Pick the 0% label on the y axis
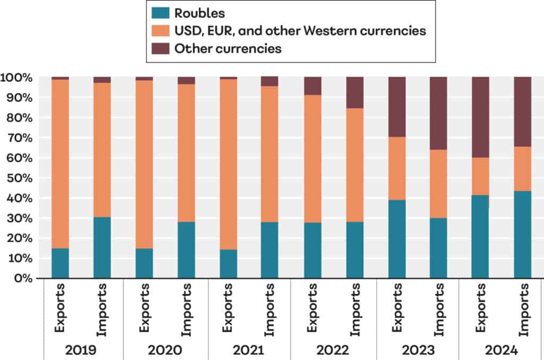[24, 278]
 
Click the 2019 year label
[81, 350]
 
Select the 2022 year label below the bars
[333, 350]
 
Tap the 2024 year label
[501, 350]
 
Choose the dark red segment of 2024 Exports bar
[481, 117]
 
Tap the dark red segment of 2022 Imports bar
[355, 92]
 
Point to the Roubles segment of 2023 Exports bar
[397, 238]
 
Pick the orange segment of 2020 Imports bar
[186, 152]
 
